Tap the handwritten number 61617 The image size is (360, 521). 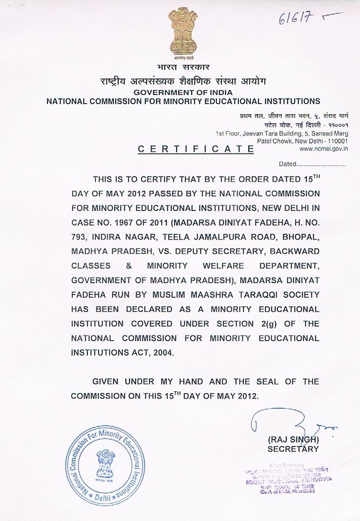point(296,19)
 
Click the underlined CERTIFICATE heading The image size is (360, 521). point(196,149)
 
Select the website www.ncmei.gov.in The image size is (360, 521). point(324,148)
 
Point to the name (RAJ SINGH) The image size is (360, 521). point(292,440)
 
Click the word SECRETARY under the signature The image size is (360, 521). point(293,449)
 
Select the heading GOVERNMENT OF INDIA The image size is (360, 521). point(183,92)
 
